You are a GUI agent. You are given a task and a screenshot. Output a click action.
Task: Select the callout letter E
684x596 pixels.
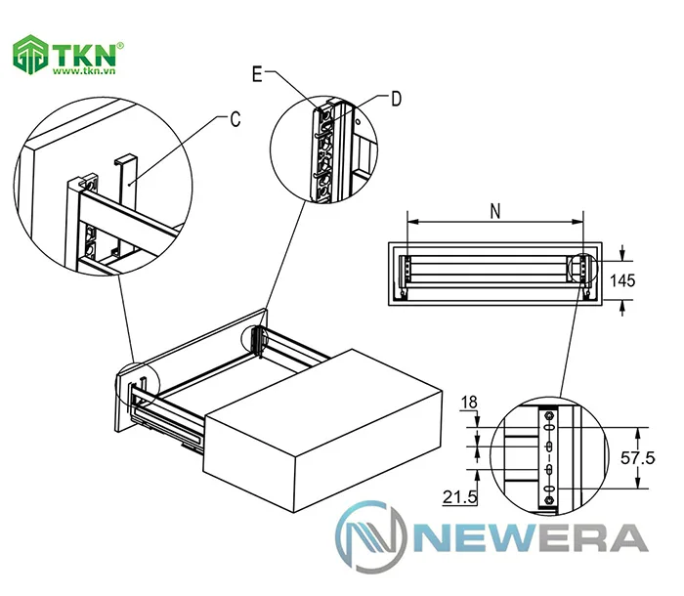pyautogui.click(x=257, y=74)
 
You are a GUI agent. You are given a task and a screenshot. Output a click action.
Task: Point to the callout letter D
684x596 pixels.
pyautogui.click(x=396, y=98)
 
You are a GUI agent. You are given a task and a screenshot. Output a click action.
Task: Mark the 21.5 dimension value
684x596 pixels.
pyautogui.click(x=460, y=498)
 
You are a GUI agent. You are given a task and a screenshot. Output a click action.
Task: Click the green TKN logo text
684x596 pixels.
pyautogui.click(x=86, y=54)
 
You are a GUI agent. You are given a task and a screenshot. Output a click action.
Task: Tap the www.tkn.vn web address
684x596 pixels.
pyautogui.click(x=86, y=72)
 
